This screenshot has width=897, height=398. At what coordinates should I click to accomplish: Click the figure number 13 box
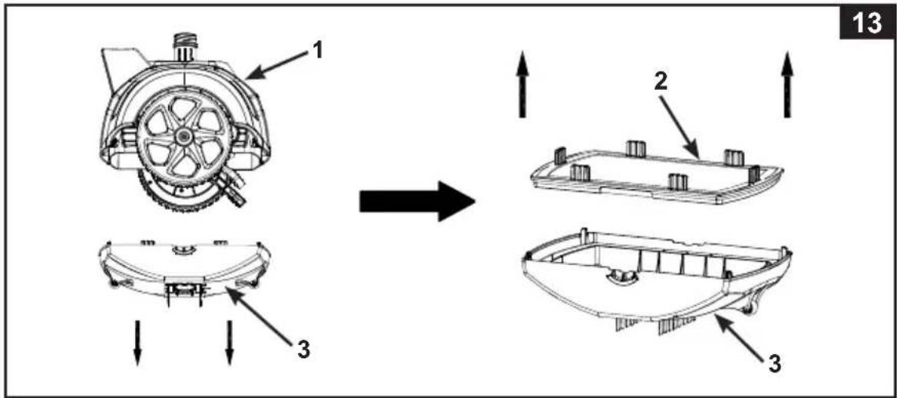pyautogui.click(x=867, y=24)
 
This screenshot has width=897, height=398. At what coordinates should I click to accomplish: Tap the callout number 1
pyautogui.click(x=317, y=52)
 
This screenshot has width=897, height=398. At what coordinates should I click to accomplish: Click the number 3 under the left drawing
pyautogui.click(x=304, y=350)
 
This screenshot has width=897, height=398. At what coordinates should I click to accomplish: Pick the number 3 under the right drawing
pyautogui.click(x=774, y=364)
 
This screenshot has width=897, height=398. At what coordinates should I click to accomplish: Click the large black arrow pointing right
pyautogui.click(x=417, y=201)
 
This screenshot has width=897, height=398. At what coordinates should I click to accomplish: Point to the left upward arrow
pyautogui.click(x=522, y=85)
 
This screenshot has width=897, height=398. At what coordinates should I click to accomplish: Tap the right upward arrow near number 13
pyautogui.click(x=788, y=85)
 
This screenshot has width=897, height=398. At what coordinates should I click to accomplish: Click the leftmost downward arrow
pyautogui.click(x=137, y=343)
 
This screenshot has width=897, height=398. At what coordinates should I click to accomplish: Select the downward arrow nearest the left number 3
pyautogui.click(x=230, y=343)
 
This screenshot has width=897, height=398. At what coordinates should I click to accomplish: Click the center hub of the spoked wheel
pyautogui.click(x=183, y=135)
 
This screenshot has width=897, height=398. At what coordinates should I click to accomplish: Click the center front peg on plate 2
pyautogui.click(x=678, y=182)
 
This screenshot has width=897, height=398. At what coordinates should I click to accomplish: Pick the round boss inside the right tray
pyautogui.click(x=621, y=276)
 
